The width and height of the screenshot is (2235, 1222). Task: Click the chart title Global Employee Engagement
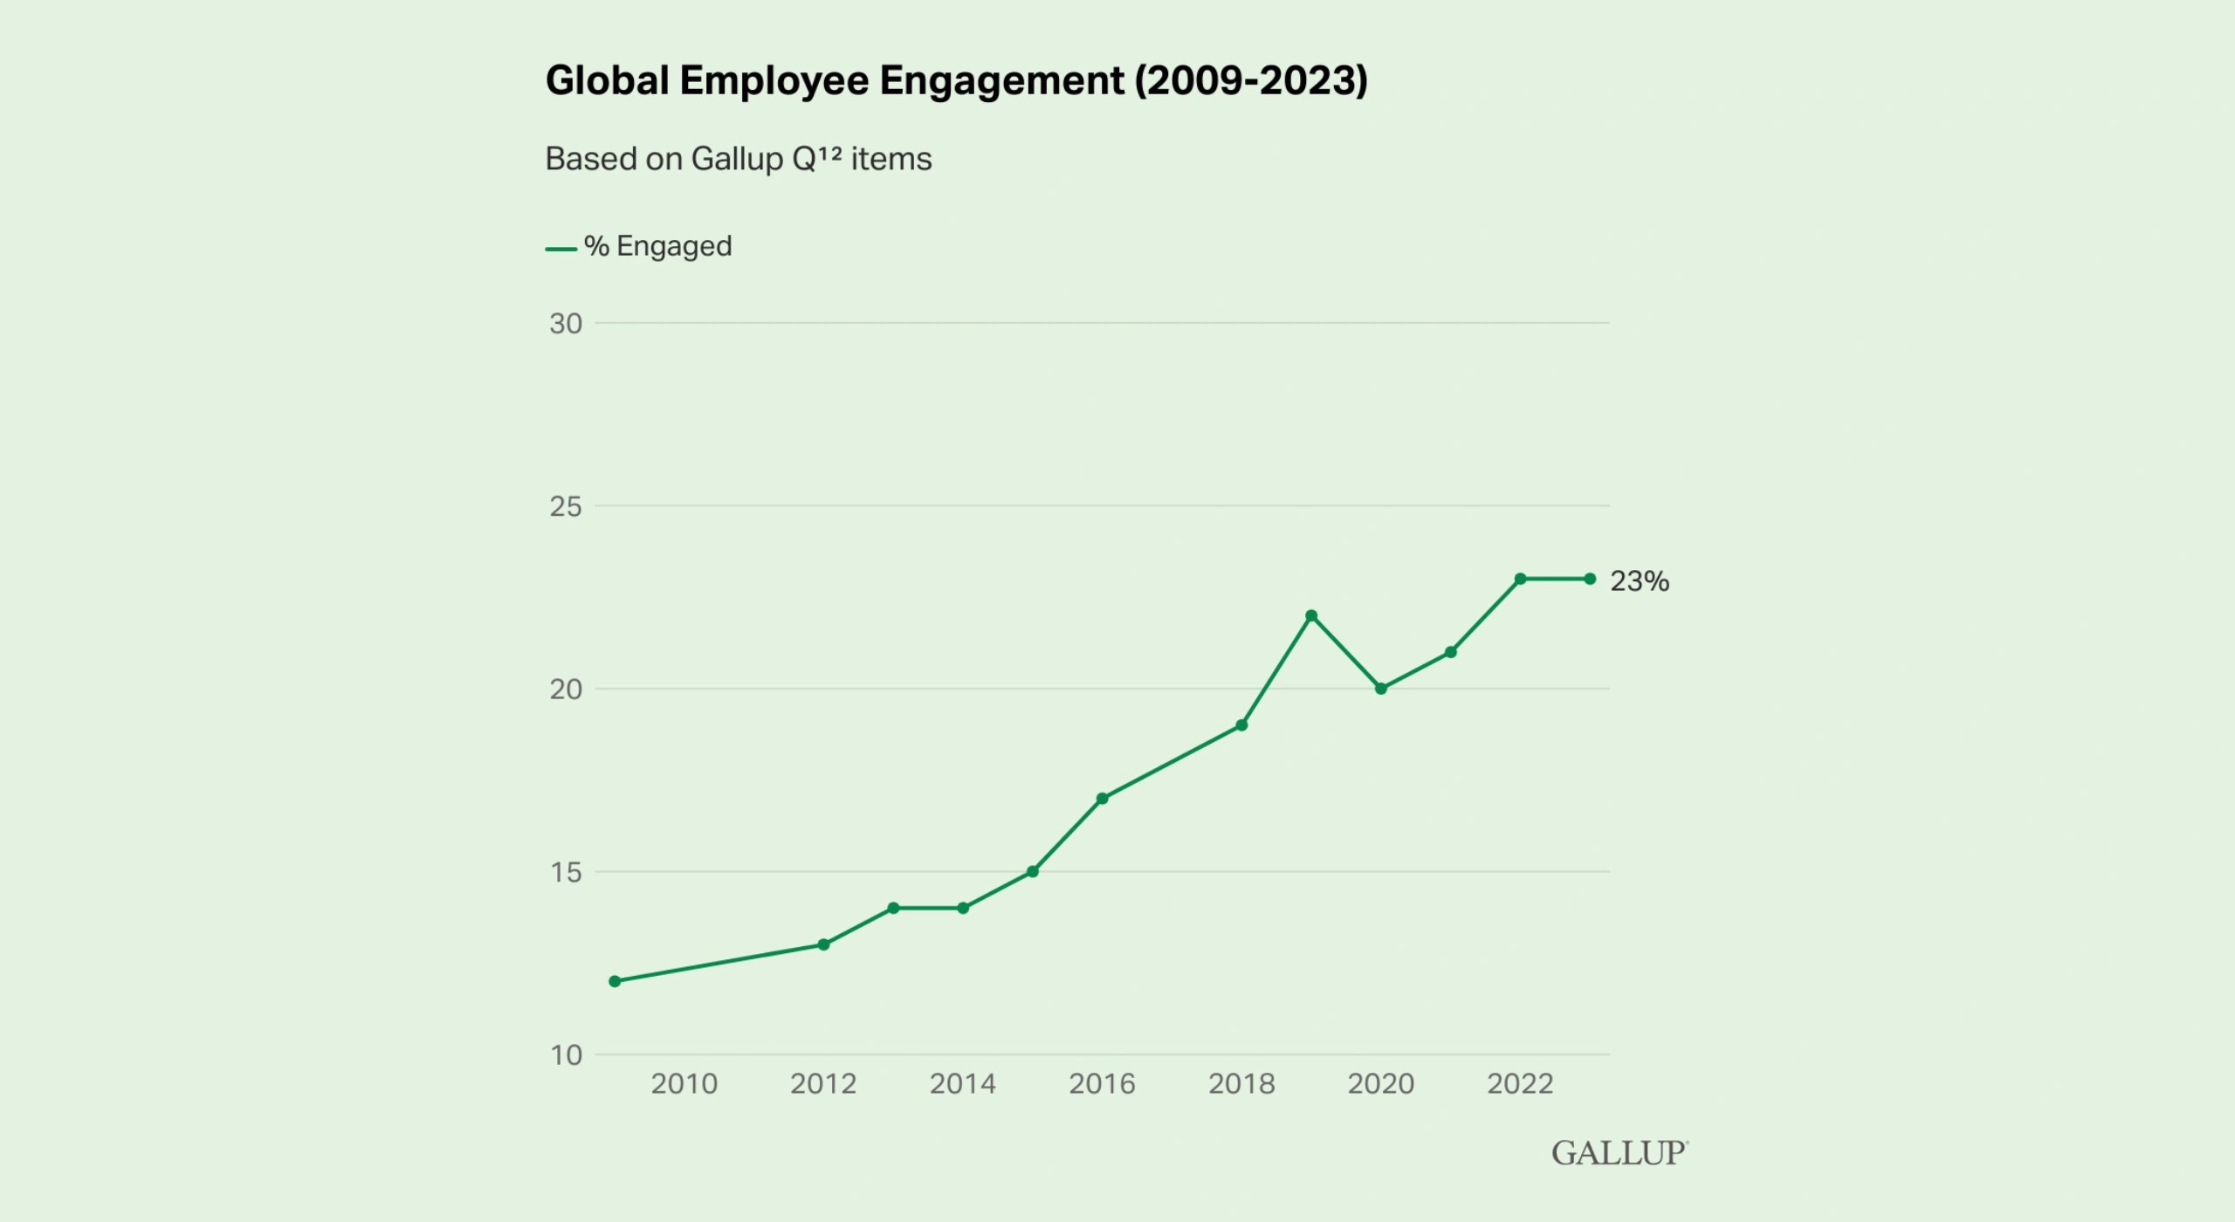pyautogui.click(x=956, y=80)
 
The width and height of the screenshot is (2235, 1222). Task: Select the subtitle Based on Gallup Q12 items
pyautogui.click(x=738, y=159)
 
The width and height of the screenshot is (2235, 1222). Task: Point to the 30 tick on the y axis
pyautogui.click(x=566, y=324)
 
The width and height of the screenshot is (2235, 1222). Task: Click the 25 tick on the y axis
pyautogui.click(x=566, y=506)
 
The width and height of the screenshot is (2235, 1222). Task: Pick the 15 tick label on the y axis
pyautogui.click(x=566, y=872)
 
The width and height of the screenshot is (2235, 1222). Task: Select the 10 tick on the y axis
pyautogui.click(x=566, y=1055)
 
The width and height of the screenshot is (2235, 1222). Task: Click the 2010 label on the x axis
pyautogui.click(x=684, y=1084)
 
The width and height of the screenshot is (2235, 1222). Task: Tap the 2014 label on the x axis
pyautogui.click(x=962, y=1084)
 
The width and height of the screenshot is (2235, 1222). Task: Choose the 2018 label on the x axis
pyautogui.click(x=1241, y=1084)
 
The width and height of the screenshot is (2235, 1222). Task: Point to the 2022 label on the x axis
pyautogui.click(x=1520, y=1084)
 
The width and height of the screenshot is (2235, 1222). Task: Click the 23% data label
pyautogui.click(x=1639, y=581)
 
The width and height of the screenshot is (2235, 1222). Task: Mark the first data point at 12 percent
pyautogui.click(x=615, y=981)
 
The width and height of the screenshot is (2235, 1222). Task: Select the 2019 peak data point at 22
pyautogui.click(x=1311, y=615)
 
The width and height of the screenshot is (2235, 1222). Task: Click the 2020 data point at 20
pyautogui.click(x=1381, y=689)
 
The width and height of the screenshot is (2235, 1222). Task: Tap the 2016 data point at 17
pyautogui.click(x=1102, y=799)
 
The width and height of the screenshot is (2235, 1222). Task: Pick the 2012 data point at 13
pyautogui.click(x=823, y=944)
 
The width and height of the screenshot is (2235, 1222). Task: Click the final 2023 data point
pyautogui.click(x=1590, y=579)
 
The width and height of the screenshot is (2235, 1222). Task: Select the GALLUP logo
pyautogui.click(x=1620, y=1153)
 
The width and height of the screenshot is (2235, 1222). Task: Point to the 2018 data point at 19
pyautogui.click(x=1241, y=725)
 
